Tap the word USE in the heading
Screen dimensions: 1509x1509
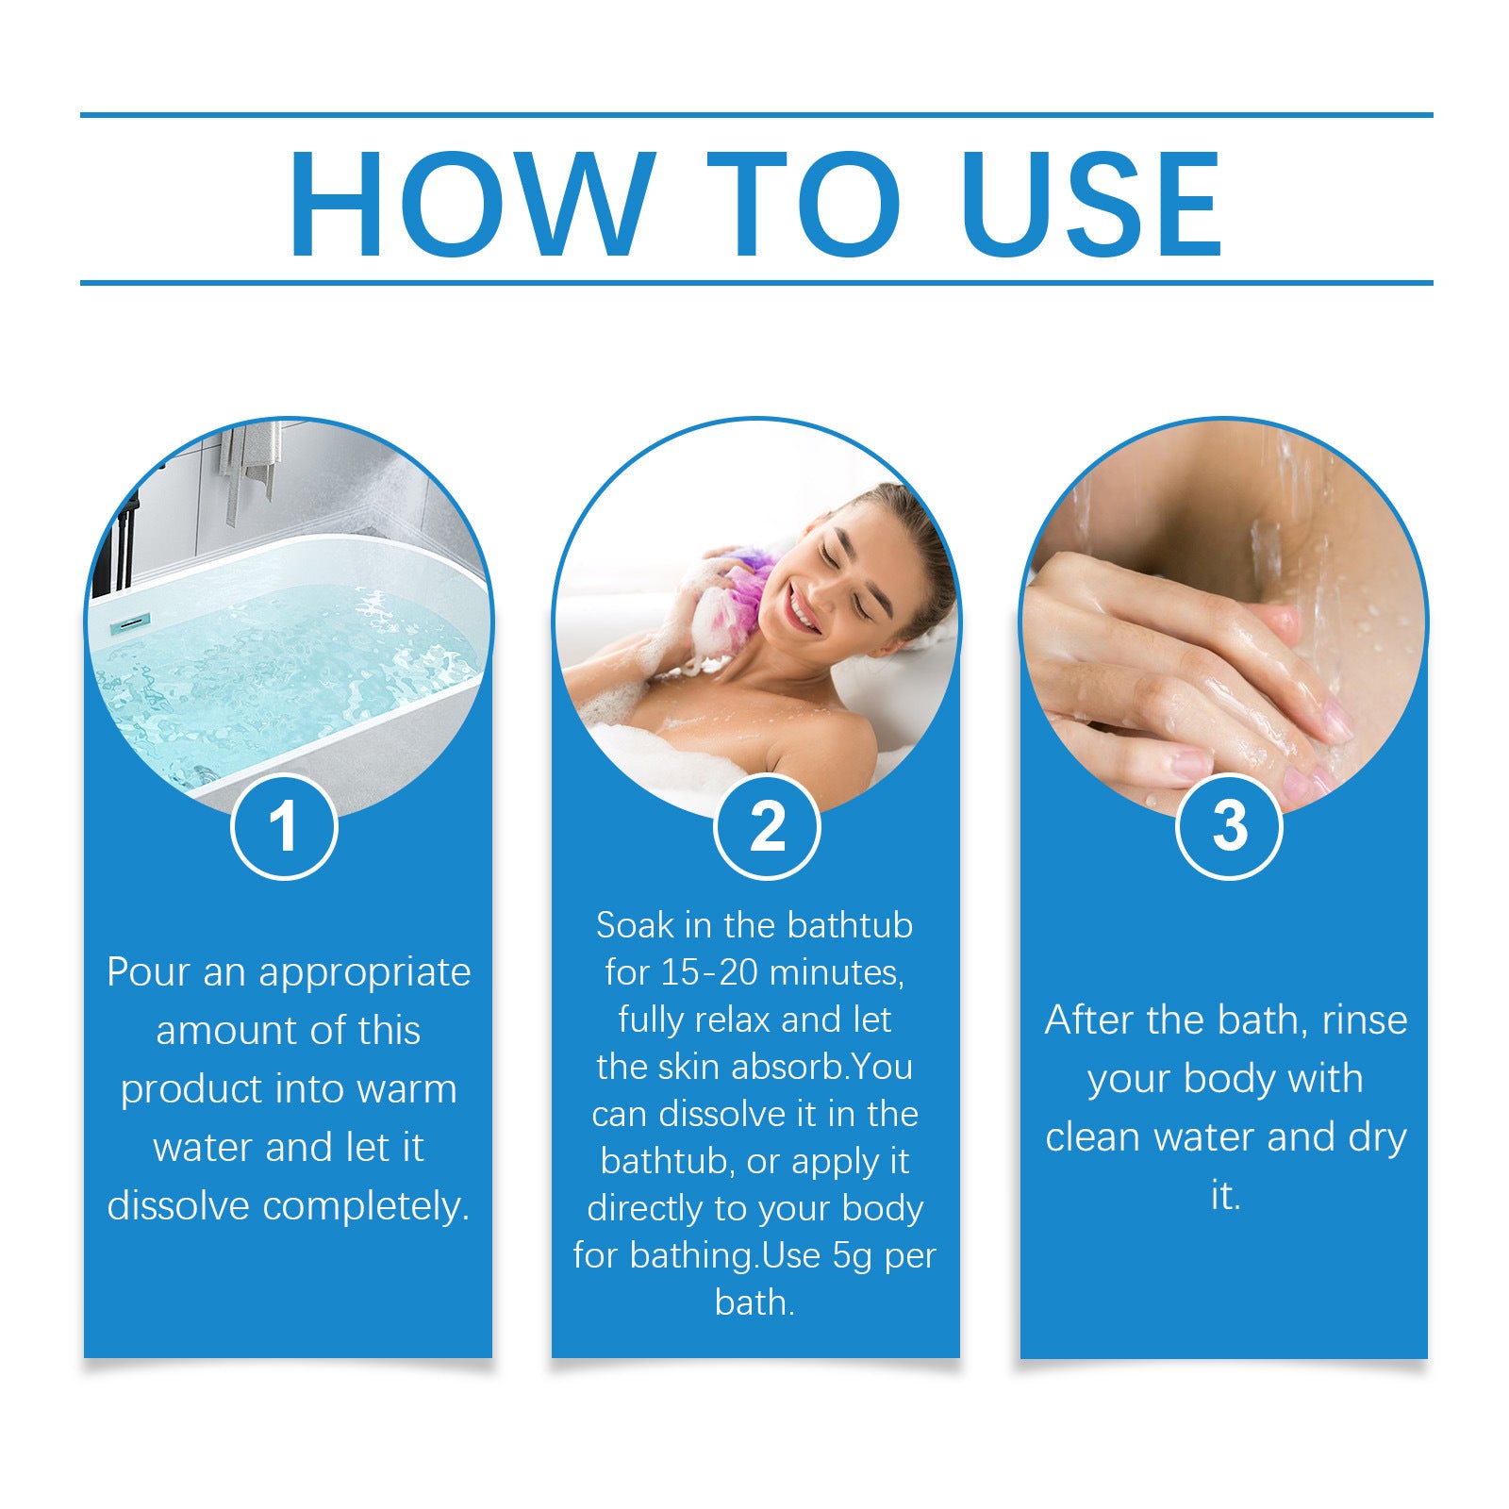point(1091,205)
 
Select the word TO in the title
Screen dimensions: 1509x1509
point(804,205)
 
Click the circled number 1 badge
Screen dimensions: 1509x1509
point(284,826)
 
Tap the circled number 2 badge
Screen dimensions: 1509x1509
point(767,826)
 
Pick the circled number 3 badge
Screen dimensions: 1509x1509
point(1229,826)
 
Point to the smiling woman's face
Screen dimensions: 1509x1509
point(839,575)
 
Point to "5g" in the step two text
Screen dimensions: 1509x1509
point(853,1255)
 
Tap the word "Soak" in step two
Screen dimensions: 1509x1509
point(635,925)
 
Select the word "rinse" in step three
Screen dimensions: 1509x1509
point(1364,1020)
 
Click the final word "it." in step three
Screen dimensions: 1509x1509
point(1225,1196)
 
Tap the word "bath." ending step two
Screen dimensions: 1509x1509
point(754,1302)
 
